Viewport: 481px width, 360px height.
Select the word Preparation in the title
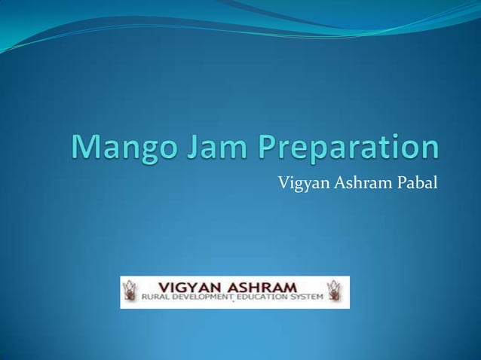tap(348, 148)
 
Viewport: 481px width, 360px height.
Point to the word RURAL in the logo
tap(156, 299)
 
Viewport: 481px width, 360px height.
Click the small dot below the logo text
tap(233, 307)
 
